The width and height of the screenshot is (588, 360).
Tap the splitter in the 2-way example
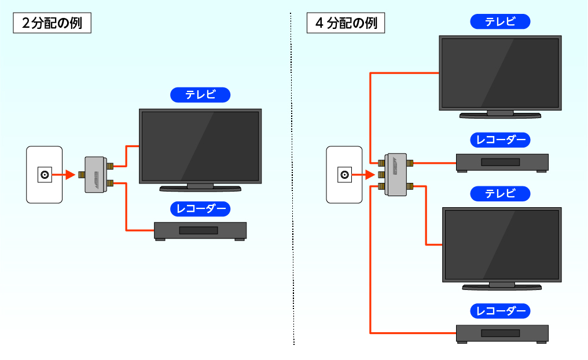point(95,174)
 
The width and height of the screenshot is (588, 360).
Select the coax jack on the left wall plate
point(44,174)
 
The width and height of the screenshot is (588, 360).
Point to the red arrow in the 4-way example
point(366,175)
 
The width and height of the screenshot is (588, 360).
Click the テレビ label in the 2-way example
point(200,95)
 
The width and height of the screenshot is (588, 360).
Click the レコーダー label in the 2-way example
point(200,208)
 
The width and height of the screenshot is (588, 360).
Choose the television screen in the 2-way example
point(200,147)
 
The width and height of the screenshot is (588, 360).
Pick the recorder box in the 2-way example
point(200,230)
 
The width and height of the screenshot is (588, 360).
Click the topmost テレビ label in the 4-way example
point(500,22)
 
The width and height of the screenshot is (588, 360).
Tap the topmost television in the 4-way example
point(500,73)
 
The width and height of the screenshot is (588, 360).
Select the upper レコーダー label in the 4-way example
point(500,140)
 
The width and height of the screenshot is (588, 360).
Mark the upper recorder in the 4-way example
point(502,162)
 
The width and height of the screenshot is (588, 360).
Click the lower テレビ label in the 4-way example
point(500,194)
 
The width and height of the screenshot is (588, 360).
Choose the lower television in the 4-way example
point(502,244)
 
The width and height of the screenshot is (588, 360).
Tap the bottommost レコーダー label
point(500,311)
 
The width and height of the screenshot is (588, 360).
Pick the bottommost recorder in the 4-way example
point(502,333)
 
